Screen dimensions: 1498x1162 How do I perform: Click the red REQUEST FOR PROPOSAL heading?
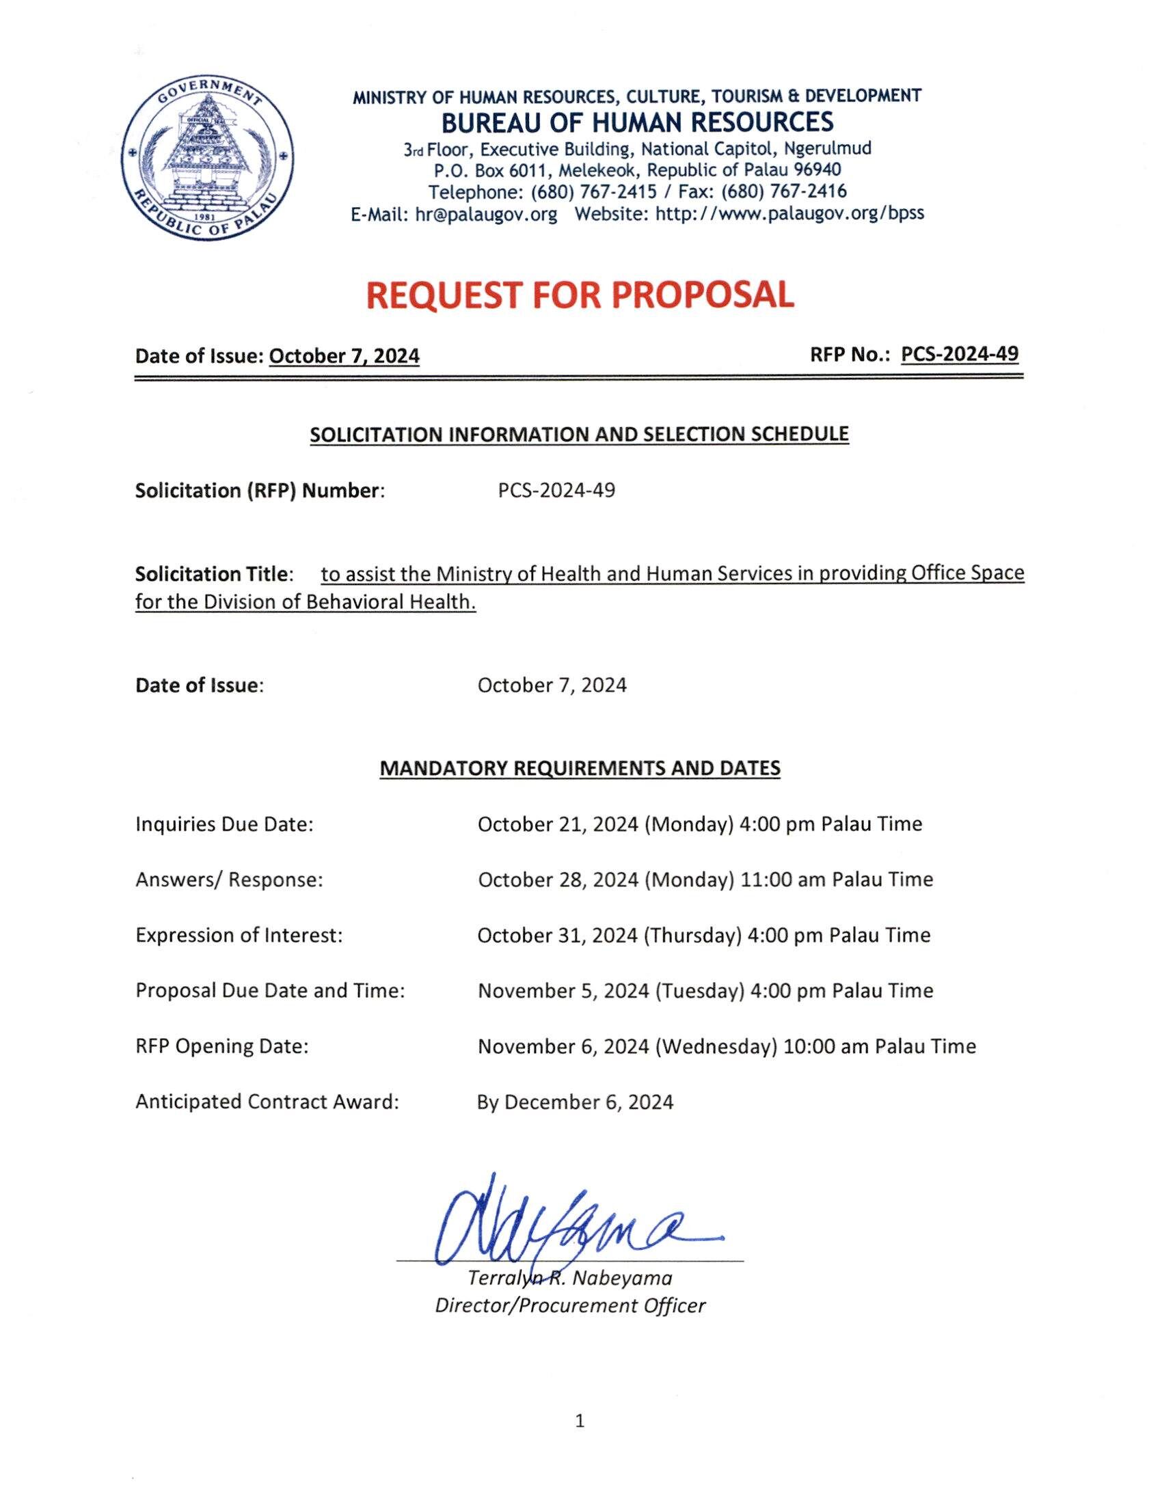580,295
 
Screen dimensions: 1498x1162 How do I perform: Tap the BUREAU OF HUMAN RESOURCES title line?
637,122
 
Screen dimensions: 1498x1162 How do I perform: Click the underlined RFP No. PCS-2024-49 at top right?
960,354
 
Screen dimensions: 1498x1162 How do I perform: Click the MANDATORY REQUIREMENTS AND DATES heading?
580,768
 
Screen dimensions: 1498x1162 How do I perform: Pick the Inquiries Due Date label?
224,823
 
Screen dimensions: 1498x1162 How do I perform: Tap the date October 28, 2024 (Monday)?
602,880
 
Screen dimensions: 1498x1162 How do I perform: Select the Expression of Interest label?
239,935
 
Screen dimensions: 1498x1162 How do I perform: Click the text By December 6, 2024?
575,1102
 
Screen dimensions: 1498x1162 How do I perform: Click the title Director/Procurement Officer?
570,1305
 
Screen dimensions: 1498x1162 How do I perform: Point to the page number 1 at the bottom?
580,1420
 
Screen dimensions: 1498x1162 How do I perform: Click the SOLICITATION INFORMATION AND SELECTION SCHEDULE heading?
580,434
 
